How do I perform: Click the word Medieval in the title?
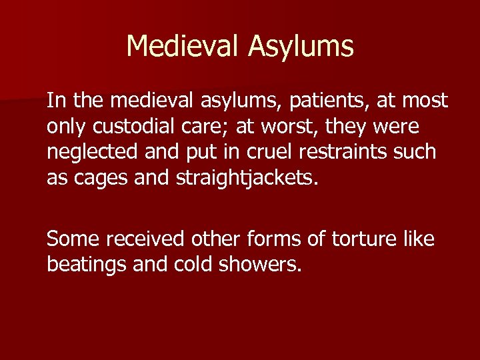point(183,46)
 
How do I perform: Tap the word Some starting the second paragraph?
point(75,239)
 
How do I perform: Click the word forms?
point(279,239)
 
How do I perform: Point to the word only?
point(66,127)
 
